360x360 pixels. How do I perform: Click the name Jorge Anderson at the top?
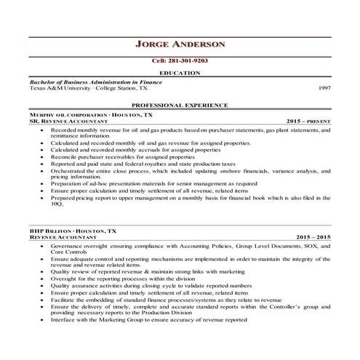pos(180,44)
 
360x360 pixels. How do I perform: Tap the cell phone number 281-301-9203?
pos(180,62)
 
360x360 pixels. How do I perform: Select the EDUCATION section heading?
pos(179,73)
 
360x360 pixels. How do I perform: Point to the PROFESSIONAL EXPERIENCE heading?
pos(180,106)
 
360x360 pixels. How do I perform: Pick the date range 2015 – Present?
pos(309,121)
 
